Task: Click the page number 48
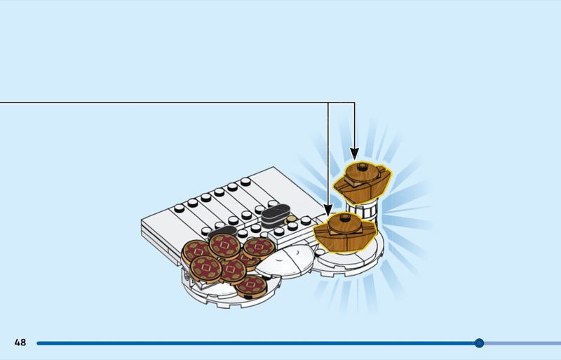tap(20, 342)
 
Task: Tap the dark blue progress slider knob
tap(479, 343)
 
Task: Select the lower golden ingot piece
tap(345, 231)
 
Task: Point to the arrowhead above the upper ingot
tap(354, 154)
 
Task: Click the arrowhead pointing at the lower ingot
tap(328, 209)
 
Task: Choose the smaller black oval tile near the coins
tap(222, 232)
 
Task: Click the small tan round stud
tap(292, 220)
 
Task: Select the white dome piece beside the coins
tap(284, 261)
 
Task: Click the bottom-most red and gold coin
tap(250, 286)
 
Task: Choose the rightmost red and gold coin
tap(258, 248)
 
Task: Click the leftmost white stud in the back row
tap(179, 207)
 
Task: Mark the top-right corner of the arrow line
tap(354, 102)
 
